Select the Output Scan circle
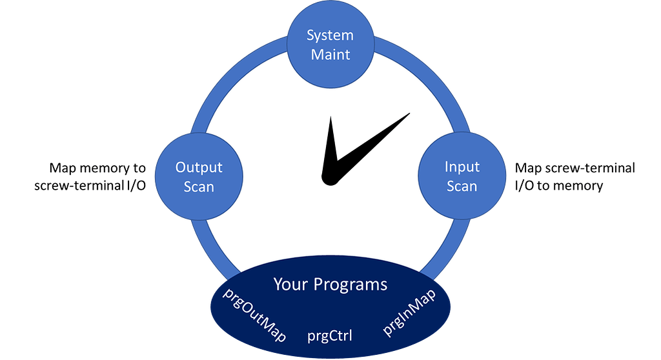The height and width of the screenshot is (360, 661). tap(199, 176)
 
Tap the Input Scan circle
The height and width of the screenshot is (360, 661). tap(462, 176)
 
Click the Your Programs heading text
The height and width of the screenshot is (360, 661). tap(330, 284)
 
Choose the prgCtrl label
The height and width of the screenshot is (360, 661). tap(330, 335)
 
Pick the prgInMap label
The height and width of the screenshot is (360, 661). tap(409, 312)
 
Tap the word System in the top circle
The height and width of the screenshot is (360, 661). tap(330, 35)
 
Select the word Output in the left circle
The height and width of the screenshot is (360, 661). tap(199, 167)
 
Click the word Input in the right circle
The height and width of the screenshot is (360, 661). tap(462, 167)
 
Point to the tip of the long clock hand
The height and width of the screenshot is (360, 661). tap(409, 114)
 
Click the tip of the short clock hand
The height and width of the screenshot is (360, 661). tap(330, 117)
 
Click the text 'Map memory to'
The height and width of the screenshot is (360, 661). tap(97, 168)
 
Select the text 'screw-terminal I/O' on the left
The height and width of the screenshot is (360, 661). tap(90, 186)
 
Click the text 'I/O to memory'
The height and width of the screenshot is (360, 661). tap(559, 186)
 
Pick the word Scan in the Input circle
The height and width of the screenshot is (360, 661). tap(462, 186)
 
